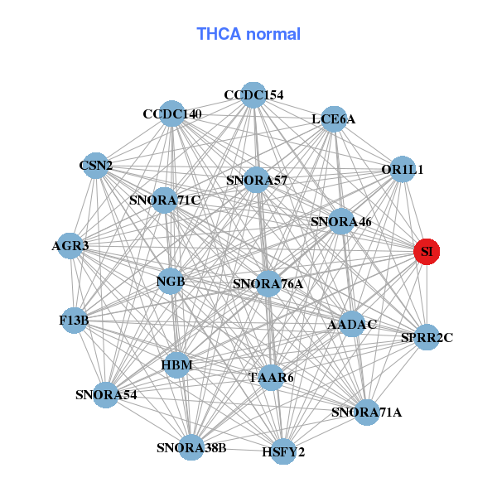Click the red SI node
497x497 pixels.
pyautogui.click(x=427, y=251)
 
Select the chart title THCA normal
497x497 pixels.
pyautogui.click(x=248, y=34)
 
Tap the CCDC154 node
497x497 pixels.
pyautogui.click(x=254, y=95)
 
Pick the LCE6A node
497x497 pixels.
pyautogui.click(x=334, y=119)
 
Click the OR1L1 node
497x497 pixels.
pyautogui.click(x=403, y=170)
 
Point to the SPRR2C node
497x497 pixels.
pyautogui.click(x=427, y=337)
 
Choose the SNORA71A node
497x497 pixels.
pyautogui.click(x=366, y=412)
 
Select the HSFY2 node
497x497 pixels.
pyautogui.click(x=283, y=451)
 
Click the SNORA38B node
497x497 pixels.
pyautogui.click(x=191, y=448)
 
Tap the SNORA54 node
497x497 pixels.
pyautogui.click(x=106, y=394)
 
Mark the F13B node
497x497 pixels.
pyautogui.click(x=75, y=320)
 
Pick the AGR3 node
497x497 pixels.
pyautogui.click(x=70, y=246)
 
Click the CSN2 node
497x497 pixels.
pyautogui.click(x=96, y=166)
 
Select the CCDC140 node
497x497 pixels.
pyautogui.click(x=172, y=113)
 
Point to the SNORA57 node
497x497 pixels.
pyautogui.click(x=257, y=180)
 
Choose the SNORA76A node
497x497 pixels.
pyautogui.click(x=268, y=284)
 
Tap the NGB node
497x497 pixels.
pyautogui.click(x=171, y=282)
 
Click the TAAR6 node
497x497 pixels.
pyautogui.click(x=272, y=378)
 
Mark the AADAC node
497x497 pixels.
pyautogui.click(x=352, y=324)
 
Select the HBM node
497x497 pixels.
pyautogui.click(x=177, y=364)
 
